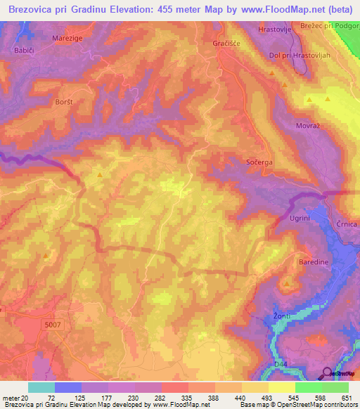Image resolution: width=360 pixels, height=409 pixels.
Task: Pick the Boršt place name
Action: tap(64, 102)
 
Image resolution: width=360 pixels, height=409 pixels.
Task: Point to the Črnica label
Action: tap(347, 223)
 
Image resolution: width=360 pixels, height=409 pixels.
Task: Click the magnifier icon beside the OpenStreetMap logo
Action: tap(326, 373)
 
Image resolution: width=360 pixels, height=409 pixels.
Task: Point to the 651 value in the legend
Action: tap(348, 398)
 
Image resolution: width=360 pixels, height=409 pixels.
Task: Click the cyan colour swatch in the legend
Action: tap(41, 387)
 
